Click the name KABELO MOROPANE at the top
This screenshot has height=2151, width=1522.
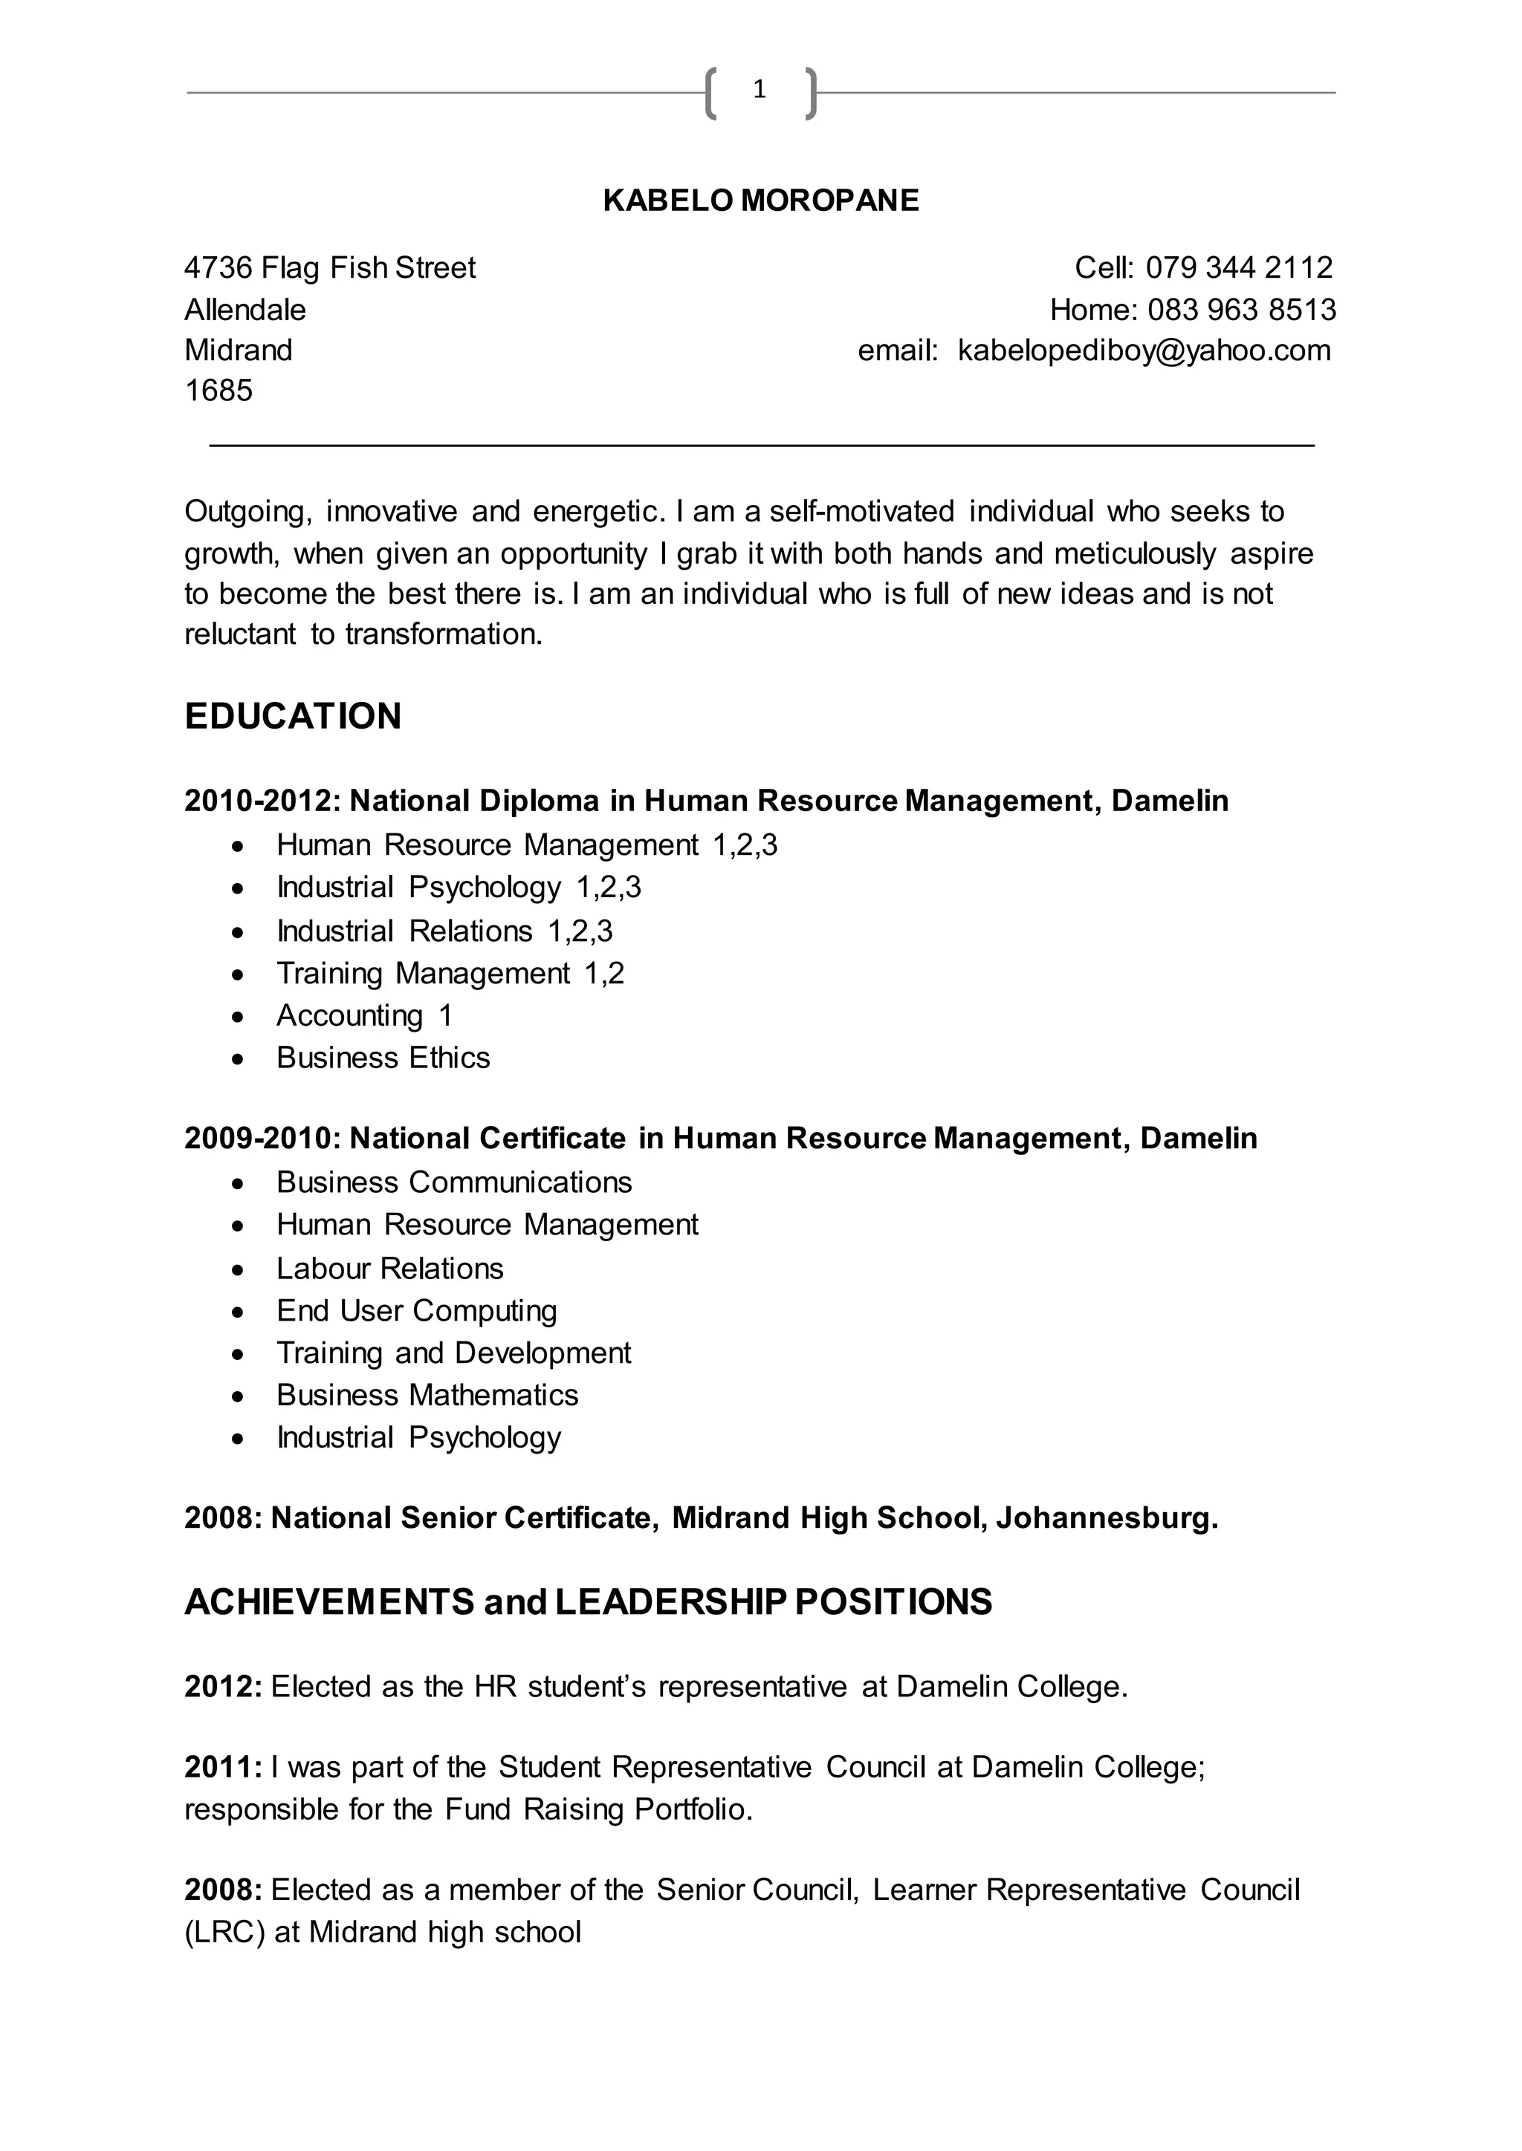point(761,201)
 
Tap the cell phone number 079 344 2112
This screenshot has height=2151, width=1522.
point(1238,268)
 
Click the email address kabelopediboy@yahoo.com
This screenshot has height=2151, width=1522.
point(1144,351)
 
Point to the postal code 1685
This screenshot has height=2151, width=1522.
point(218,391)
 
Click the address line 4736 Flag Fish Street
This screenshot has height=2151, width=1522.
point(330,268)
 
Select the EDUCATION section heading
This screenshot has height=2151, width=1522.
point(292,716)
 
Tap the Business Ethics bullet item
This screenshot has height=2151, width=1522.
point(383,1058)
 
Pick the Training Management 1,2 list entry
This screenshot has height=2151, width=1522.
point(450,974)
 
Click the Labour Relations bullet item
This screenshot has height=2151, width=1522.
point(390,1269)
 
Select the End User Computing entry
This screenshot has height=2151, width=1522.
point(416,1311)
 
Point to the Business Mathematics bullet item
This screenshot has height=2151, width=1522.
point(427,1395)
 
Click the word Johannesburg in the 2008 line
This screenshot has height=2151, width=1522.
point(1106,1517)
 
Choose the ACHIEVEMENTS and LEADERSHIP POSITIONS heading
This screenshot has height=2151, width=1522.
point(588,1602)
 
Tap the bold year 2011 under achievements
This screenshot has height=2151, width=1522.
point(223,1768)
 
